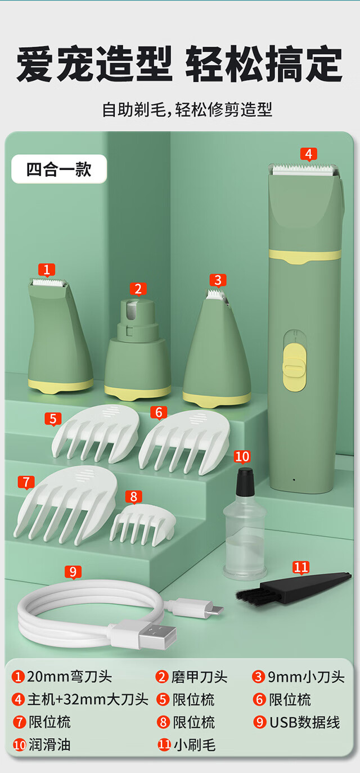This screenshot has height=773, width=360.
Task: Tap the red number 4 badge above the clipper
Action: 309,154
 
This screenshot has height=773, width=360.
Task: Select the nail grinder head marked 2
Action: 137,349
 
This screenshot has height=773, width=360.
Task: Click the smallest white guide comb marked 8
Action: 143,525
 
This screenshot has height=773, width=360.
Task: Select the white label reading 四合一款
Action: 59,169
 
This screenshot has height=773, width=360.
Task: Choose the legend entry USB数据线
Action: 305,722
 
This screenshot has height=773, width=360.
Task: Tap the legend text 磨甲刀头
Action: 199,677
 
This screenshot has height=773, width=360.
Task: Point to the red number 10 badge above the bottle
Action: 242,457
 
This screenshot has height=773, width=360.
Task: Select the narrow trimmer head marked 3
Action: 217,349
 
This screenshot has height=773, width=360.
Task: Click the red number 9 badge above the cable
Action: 73,572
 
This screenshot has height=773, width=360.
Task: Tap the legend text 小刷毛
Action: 195,745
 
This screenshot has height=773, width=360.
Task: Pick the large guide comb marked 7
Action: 66,505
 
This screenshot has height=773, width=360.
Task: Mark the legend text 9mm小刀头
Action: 306,677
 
